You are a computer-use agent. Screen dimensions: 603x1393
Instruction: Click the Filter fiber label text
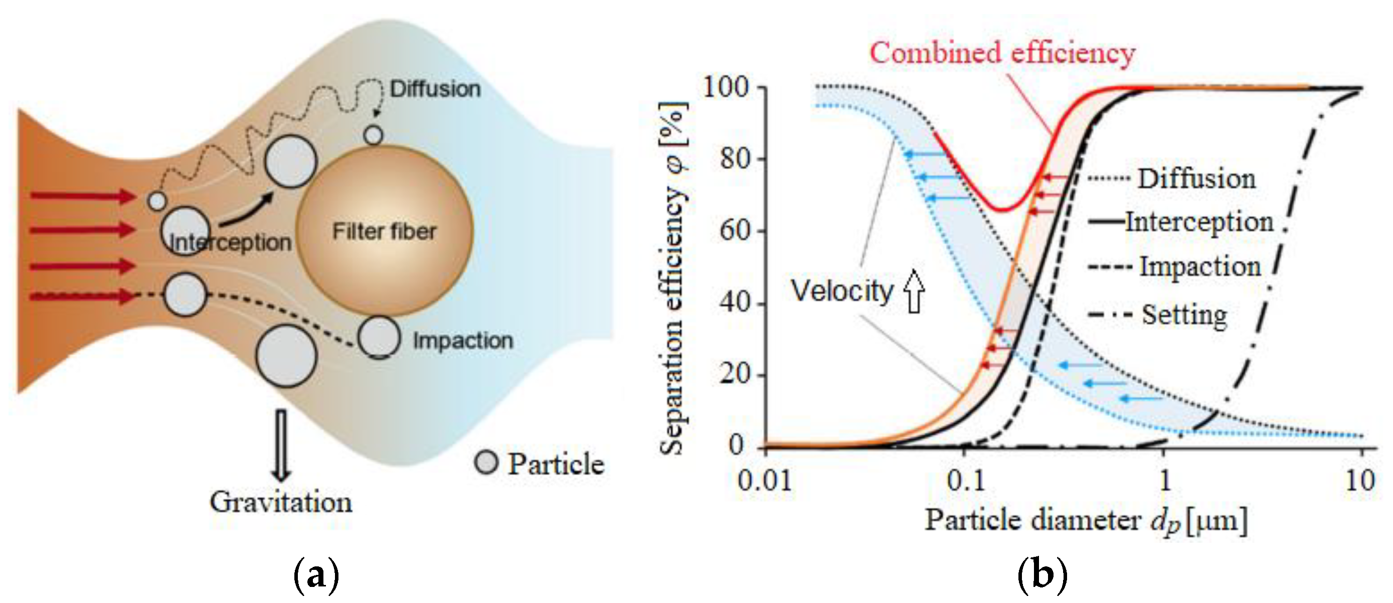click(384, 231)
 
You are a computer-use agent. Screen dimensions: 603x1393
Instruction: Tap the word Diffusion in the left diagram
click(435, 89)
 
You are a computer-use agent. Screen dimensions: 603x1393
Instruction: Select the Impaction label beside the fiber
click(463, 341)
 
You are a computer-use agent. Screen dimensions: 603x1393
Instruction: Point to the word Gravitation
click(281, 502)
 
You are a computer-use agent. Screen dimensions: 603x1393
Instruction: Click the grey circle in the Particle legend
click(485, 463)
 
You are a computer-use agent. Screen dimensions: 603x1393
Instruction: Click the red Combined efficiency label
click(1002, 53)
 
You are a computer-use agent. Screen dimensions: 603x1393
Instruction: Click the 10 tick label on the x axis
click(1359, 480)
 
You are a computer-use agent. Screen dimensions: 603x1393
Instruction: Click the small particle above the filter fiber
click(373, 134)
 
